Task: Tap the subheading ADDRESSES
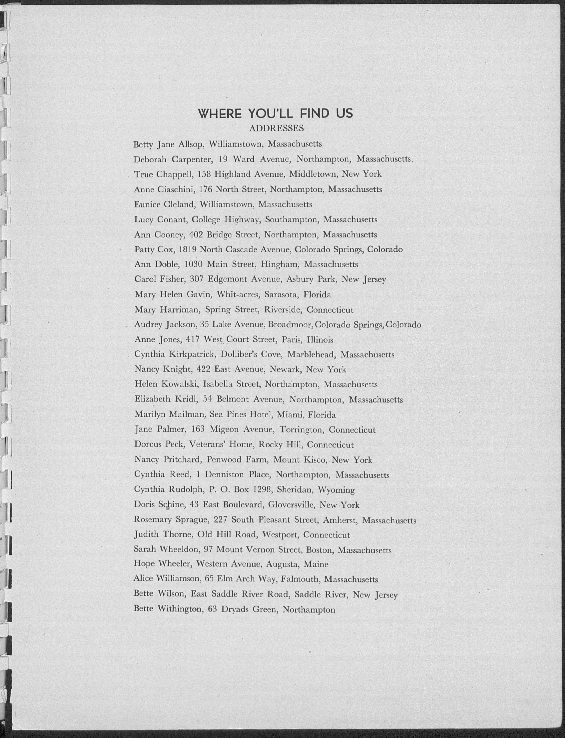(x=276, y=128)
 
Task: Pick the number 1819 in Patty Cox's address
(x=187, y=249)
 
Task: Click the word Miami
(x=289, y=415)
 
